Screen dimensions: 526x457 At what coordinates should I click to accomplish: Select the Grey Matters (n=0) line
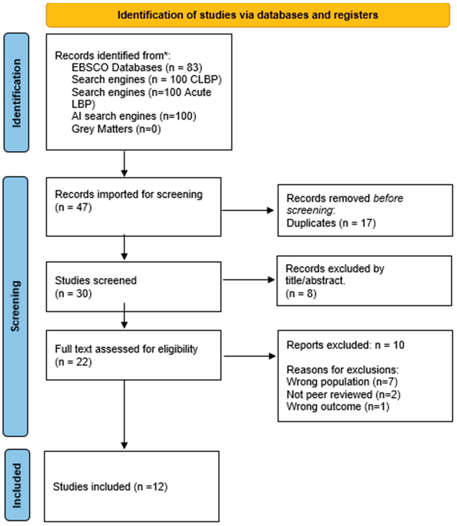point(116,129)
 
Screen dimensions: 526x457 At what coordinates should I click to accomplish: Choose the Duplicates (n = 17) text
point(331,223)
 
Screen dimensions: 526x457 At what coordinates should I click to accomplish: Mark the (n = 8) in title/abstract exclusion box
point(301,293)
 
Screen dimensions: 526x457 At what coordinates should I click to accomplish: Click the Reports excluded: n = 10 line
point(345,345)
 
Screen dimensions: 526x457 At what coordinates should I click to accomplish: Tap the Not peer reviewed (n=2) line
point(343,395)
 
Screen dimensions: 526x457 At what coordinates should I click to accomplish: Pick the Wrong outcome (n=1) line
point(338,406)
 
